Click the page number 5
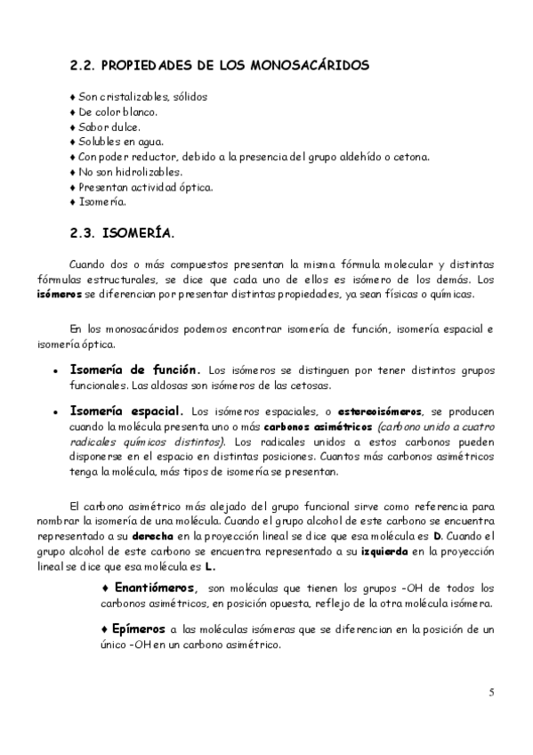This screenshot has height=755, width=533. click(491, 692)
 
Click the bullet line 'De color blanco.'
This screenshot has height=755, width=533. click(116, 111)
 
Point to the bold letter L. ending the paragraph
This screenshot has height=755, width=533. click(210, 567)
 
